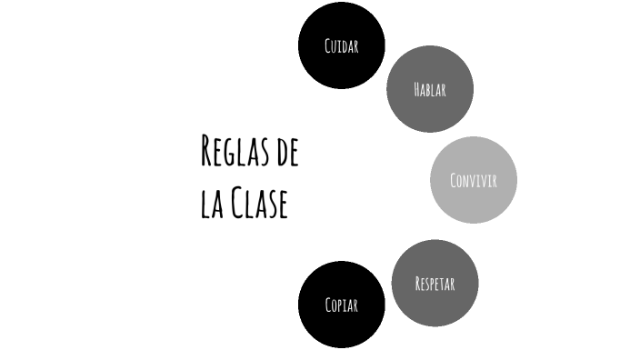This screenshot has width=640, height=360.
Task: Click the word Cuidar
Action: (x=341, y=45)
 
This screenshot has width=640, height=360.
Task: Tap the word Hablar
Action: (x=429, y=89)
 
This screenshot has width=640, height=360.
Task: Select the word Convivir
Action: (x=473, y=180)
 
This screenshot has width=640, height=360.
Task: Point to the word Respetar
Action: (x=435, y=284)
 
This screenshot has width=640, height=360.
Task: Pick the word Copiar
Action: (x=341, y=305)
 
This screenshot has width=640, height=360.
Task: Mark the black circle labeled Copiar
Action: (x=341, y=329)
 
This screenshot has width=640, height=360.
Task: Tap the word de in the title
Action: (x=286, y=152)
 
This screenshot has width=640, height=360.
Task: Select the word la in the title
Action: (x=210, y=204)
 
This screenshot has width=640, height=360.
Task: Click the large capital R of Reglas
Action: (x=207, y=151)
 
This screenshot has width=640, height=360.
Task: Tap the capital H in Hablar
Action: (x=416, y=89)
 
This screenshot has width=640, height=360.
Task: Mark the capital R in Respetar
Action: (x=417, y=284)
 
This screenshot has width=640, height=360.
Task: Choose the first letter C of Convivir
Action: (x=453, y=180)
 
